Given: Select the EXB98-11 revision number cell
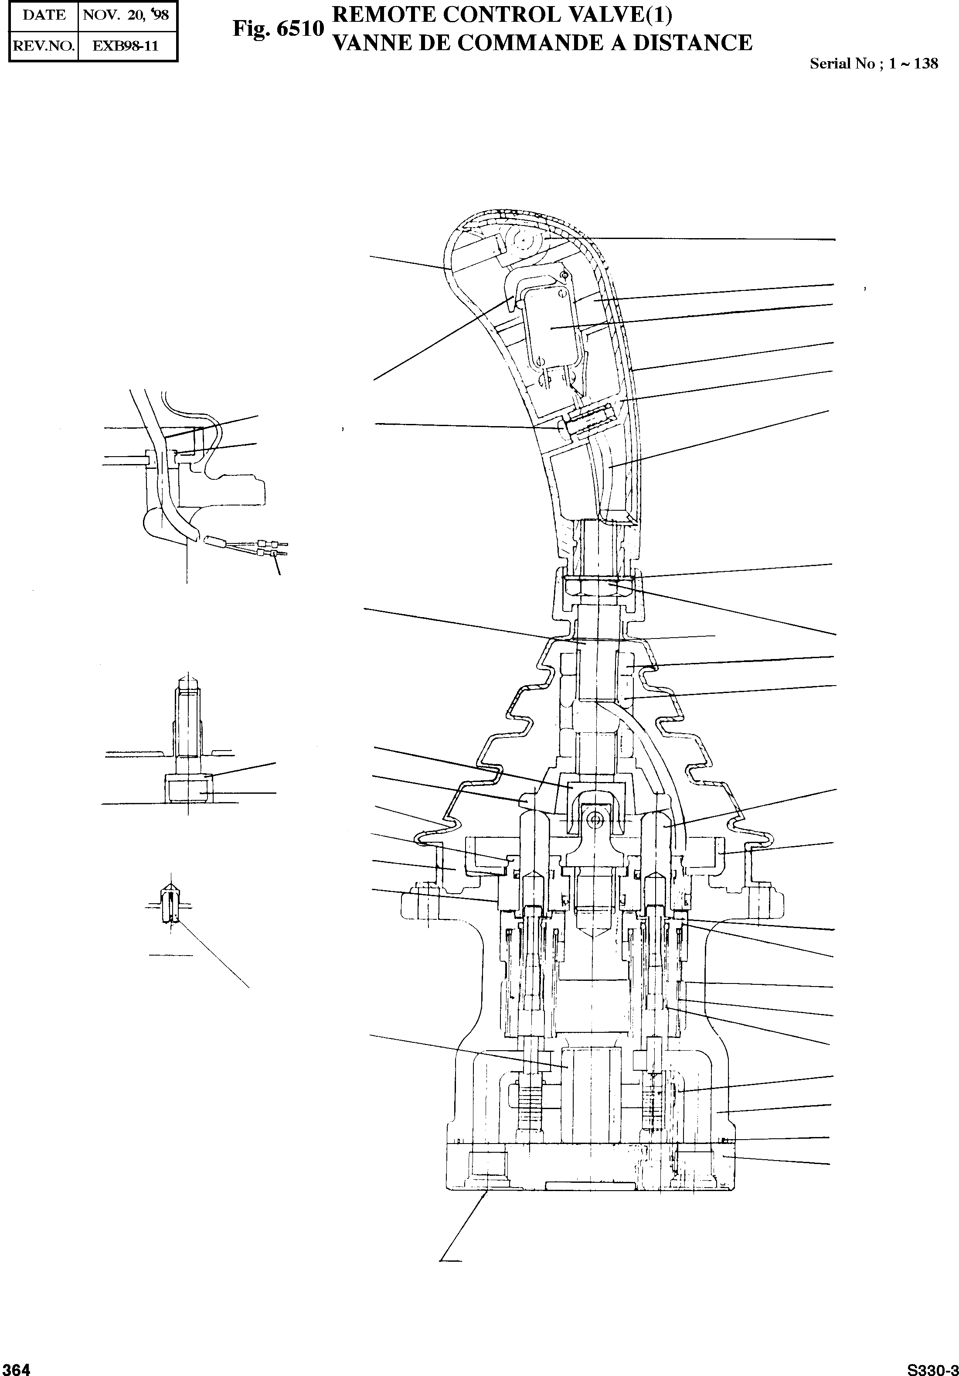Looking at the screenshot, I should coord(126,45).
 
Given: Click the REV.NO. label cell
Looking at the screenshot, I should coord(44,45).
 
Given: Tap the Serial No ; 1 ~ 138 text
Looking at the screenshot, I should coord(873,64).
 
